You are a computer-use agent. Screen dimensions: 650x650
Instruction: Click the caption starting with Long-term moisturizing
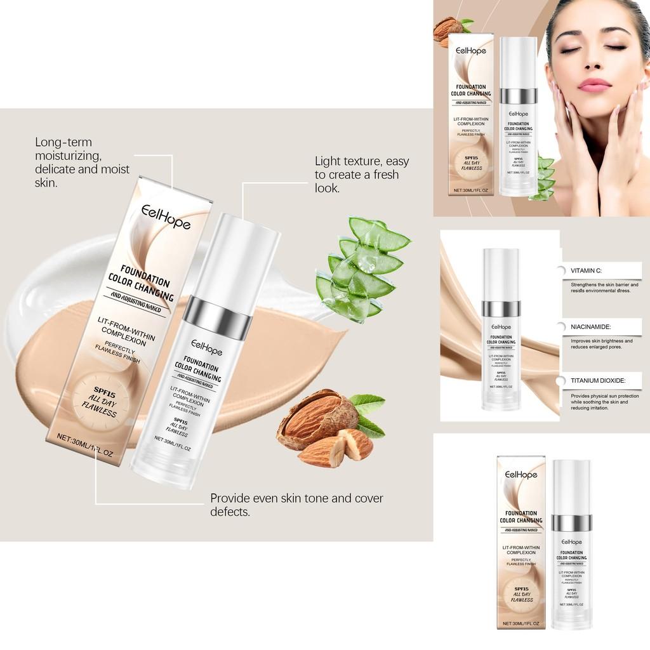82,162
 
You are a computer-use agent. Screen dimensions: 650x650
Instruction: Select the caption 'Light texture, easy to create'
362,175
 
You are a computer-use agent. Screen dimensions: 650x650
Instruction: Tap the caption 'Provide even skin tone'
296,505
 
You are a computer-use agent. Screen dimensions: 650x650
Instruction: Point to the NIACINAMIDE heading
590,326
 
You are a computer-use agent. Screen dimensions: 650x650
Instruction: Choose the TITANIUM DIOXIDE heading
597,380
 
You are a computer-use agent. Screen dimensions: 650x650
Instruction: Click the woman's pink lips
594,85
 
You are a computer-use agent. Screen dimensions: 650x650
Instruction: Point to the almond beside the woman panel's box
449,29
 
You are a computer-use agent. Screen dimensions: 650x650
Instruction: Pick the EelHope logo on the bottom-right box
521,475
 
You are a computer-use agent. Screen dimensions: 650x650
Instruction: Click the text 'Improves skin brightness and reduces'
601,344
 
